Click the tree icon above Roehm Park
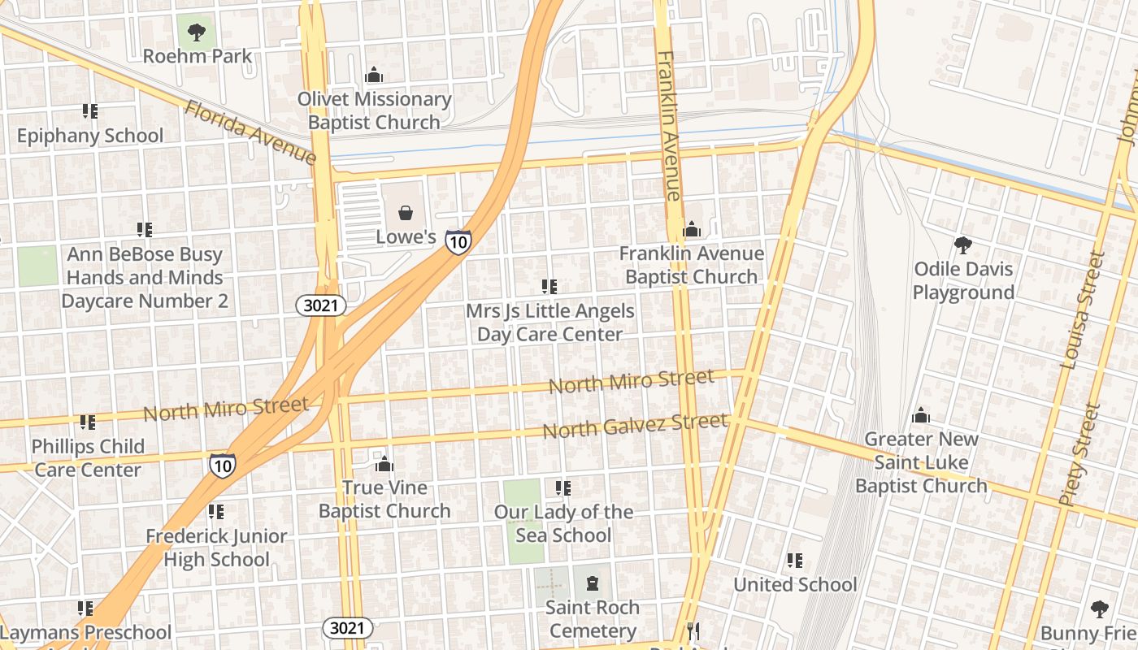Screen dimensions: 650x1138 click(196, 32)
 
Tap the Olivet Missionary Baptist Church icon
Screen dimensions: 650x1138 click(374, 76)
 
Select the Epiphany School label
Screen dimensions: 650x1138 click(90, 136)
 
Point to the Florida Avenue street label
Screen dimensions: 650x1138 click(250, 132)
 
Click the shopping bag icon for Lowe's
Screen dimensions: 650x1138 click(406, 214)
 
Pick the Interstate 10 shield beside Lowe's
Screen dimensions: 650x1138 click(458, 241)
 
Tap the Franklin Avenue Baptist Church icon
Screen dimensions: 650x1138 click(692, 230)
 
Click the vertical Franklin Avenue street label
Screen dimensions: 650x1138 click(668, 126)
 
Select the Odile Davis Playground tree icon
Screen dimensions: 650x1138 click(963, 245)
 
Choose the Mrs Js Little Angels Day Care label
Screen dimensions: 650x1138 click(550, 323)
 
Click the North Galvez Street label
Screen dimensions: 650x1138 click(635, 426)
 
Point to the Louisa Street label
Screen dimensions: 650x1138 click(1083, 310)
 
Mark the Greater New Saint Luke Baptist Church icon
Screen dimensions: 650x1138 click(921, 416)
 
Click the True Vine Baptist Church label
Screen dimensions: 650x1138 click(384, 499)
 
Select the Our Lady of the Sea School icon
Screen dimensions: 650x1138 click(562, 488)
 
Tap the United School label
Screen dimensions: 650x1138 click(795, 584)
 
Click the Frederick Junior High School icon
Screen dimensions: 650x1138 click(215, 512)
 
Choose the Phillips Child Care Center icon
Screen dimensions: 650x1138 click(88, 422)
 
